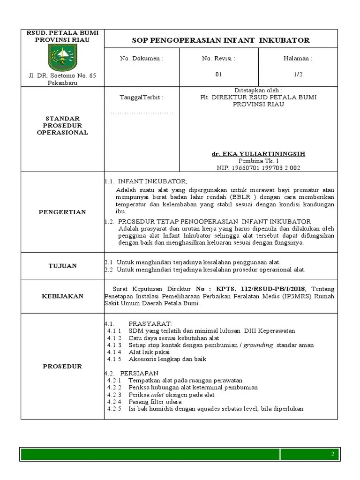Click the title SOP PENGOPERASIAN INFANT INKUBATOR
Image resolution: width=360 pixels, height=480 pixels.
coord(221,40)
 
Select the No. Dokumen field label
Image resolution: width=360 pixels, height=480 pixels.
coord(142,59)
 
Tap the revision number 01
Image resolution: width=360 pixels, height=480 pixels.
coord(218,75)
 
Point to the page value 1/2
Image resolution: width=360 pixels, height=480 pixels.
coord(297,75)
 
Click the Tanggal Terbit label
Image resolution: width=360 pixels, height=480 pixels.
coord(142,97)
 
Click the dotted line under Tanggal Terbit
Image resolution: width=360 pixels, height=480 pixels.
coord(142,112)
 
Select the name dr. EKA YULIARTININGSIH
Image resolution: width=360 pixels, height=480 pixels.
coord(258,154)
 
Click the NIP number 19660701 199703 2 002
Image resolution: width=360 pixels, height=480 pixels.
coord(258,167)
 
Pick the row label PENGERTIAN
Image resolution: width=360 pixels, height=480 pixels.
coord(62,212)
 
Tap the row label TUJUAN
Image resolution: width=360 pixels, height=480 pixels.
coord(62,266)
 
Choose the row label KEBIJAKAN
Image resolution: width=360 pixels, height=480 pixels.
coord(62,296)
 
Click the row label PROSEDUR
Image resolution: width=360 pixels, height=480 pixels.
coord(62,366)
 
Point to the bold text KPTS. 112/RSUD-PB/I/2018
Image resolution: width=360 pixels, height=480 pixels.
coord(258,289)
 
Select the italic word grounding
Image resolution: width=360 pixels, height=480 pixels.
coord(258,345)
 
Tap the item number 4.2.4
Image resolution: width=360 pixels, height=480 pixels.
coord(114,402)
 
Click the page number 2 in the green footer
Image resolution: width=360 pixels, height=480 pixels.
coord(332,454)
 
